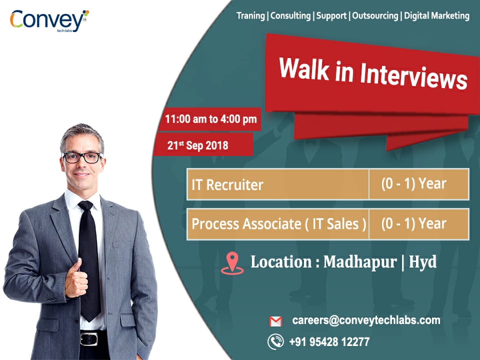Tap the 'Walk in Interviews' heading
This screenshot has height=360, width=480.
[x=372, y=73]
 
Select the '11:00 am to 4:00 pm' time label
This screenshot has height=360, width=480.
[x=210, y=119]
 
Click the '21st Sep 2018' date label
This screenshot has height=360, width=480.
[x=197, y=145]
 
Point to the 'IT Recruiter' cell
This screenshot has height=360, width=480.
[x=227, y=184]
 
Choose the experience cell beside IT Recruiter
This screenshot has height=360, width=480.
[x=413, y=184]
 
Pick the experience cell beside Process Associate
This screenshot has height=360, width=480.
[x=413, y=223]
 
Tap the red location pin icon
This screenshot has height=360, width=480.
[x=232, y=262]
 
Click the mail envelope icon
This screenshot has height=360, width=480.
[x=275, y=321]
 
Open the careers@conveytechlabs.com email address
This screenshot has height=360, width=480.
[x=366, y=320]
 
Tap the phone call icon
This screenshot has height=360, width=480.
[x=275, y=341]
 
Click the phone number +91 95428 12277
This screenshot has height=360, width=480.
[x=329, y=342]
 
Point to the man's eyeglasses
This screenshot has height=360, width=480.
[x=81, y=157]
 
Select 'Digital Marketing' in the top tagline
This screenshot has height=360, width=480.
[x=436, y=15]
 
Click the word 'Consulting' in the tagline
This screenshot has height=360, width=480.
[x=290, y=15]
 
